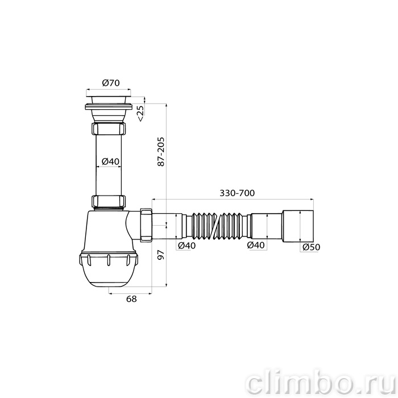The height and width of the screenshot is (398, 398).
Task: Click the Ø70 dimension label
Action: coord(111,83)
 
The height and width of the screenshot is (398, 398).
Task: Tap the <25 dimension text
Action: coord(140,113)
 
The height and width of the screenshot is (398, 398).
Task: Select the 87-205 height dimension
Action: coord(161,152)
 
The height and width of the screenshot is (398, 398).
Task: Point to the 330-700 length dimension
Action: coord(237,193)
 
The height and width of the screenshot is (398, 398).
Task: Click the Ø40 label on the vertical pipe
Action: coord(110,161)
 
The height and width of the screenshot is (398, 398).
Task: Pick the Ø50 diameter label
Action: coord(312,247)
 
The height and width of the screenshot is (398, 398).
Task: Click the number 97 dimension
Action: coord(161,255)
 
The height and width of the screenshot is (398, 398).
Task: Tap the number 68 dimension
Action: coord(131,299)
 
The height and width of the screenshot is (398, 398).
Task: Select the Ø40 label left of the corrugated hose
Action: coord(187,246)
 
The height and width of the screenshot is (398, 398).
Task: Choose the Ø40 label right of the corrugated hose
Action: coord(256,245)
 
